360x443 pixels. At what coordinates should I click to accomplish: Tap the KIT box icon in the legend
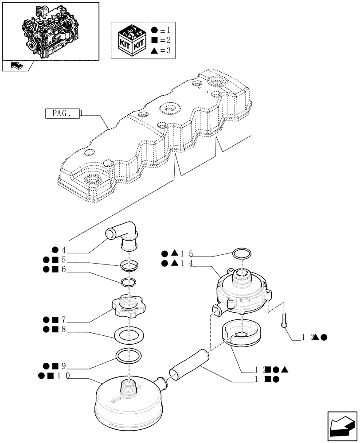[x=130, y=39]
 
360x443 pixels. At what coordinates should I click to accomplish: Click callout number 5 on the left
[x=63, y=260]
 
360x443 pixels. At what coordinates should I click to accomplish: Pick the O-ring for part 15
[x=242, y=256]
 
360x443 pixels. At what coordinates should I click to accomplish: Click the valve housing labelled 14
[x=242, y=290]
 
